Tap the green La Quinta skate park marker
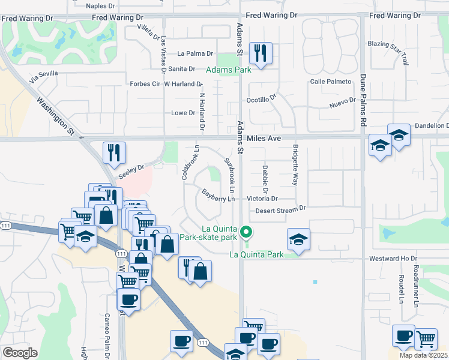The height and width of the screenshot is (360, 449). click(x=245, y=232)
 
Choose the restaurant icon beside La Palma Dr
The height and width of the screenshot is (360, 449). click(x=261, y=53)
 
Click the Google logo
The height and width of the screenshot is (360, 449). click(x=20, y=353)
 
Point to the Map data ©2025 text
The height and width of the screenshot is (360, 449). click(x=424, y=356)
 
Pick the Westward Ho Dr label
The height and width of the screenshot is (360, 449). click(x=393, y=259)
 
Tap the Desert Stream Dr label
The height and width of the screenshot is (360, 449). click(x=280, y=209)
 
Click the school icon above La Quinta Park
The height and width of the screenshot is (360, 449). click(x=298, y=239)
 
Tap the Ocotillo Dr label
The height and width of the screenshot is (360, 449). click(x=261, y=99)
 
